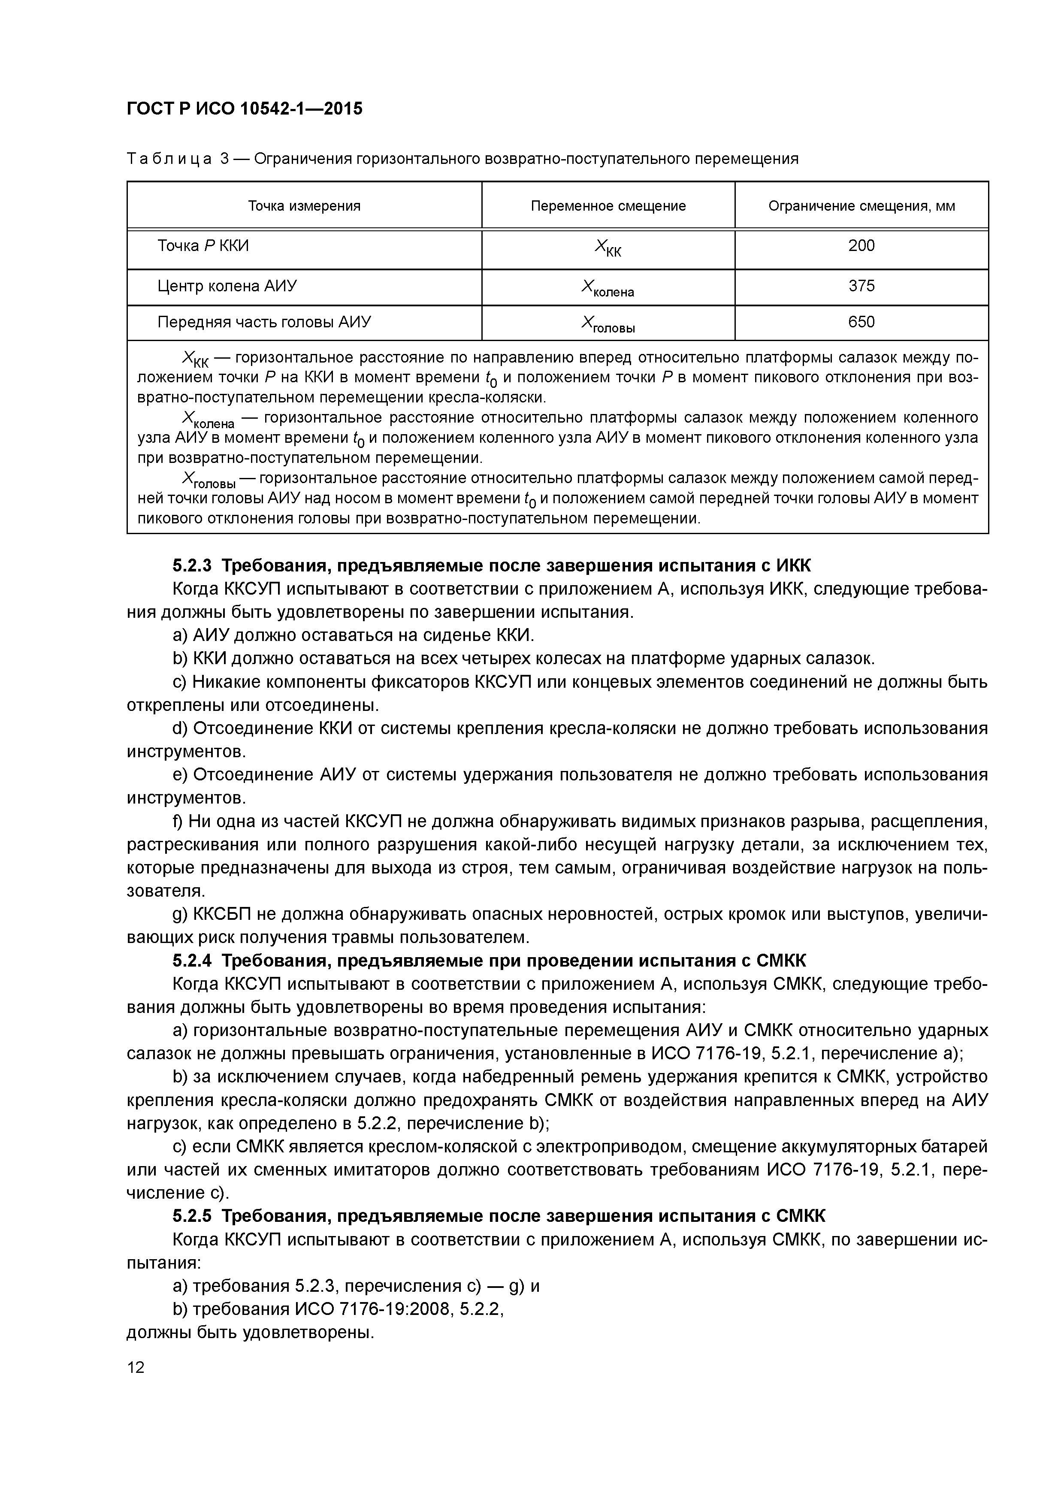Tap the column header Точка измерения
tap(304, 206)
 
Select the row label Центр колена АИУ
tap(227, 286)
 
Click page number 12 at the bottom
tap(136, 1367)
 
